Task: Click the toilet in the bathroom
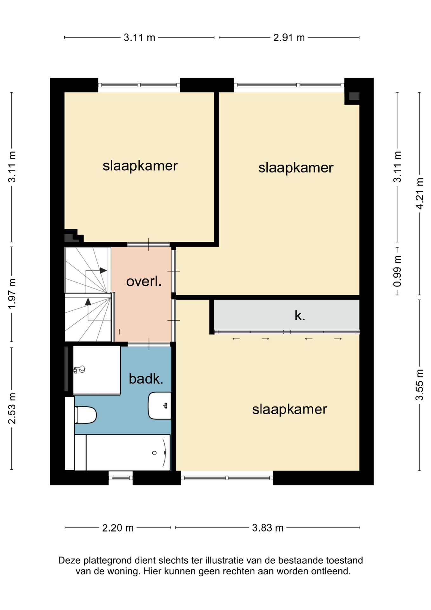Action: (x=85, y=415)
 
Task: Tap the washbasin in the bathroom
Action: (x=160, y=406)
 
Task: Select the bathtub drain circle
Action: (x=154, y=453)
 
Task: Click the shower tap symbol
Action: (x=79, y=369)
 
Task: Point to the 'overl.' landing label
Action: (x=144, y=281)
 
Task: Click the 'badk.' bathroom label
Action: (x=146, y=379)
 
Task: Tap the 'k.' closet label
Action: (x=300, y=315)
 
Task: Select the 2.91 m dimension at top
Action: (x=289, y=37)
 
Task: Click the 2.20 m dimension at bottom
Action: (x=118, y=528)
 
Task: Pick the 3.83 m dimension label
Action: (x=268, y=528)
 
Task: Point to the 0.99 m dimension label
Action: (x=397, y=271)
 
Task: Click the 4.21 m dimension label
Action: (x=420, y=193)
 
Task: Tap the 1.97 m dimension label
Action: (x=12, y=294)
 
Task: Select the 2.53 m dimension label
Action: (x=12, y=408)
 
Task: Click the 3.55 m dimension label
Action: (x=420, y=385)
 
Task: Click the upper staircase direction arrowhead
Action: (x=103, y=270)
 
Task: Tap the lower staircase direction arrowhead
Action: (x=88, y=302)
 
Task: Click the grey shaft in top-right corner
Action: (x=354, y=96)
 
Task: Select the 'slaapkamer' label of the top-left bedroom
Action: (x=140, y=166)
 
